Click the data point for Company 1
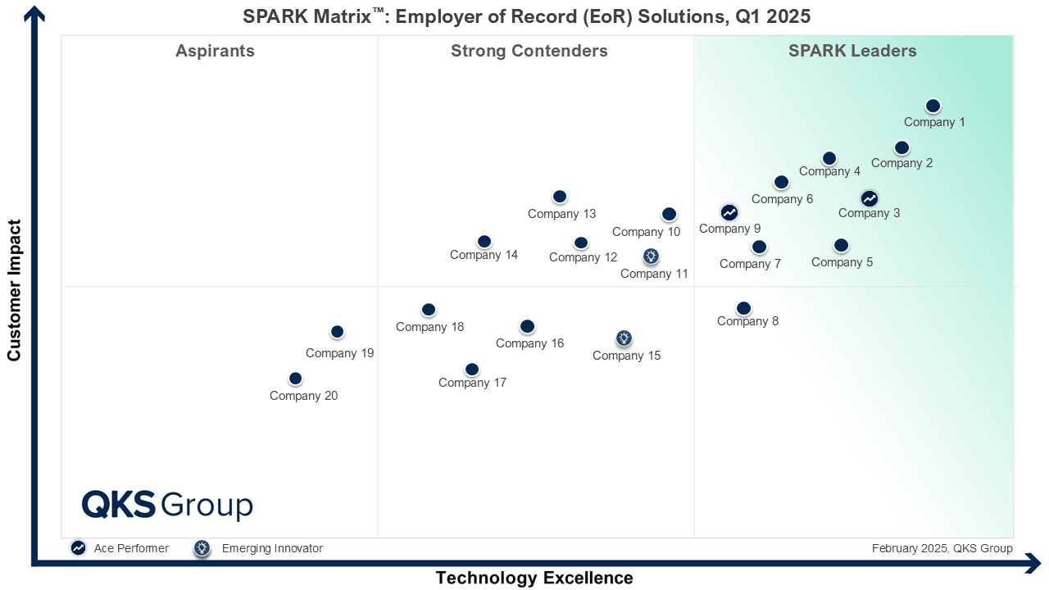pos(933,106)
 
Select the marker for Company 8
pos(743,308)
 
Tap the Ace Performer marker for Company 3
pos(870,198)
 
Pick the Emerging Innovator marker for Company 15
pos(624,338)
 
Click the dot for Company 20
pos(296,379)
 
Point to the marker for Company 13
pos(560,197)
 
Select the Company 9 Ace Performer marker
pos(729,213)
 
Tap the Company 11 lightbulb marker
pos(651,256)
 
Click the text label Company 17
pos(472,383)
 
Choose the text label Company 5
pos(842,263)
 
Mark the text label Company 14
pos(484,255)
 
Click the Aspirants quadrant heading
pos(215,51)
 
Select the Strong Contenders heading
pos(529,51)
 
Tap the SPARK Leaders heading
pos(852,51)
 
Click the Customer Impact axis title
pos(14,289)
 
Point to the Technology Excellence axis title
pos(534,578)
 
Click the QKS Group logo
pos(167,505)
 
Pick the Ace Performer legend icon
pos(78,548)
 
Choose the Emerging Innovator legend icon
pos(202,548)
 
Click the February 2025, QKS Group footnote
pos(942,548)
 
